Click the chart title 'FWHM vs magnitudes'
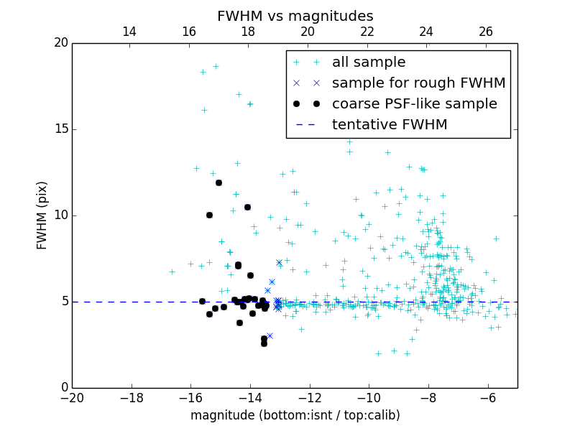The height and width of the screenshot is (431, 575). [x=295, y=16]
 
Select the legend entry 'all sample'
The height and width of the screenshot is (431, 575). [x=369, y=62]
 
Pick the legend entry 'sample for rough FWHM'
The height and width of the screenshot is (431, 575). [x=418, y=83]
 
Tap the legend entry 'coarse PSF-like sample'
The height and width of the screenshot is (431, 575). [x=414, y=104]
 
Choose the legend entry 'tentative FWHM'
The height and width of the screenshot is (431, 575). [x=390, y=125]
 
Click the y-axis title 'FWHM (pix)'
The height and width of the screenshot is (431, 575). [x=42, y=215]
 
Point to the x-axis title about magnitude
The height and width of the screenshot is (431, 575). [x=295, y=415]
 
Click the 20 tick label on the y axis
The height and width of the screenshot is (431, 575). [x=60, y=43]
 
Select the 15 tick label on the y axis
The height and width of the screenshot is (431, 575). [x=60, y=129]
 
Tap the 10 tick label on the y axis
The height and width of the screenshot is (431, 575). [x=60, y=215]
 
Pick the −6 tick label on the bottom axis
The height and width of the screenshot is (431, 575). [x=487, y=398]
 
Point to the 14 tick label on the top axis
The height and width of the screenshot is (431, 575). [x=129, y=32]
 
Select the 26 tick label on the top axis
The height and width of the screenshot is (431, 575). [x=486, y=32]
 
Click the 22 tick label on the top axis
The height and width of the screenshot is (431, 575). [x=367, y=32]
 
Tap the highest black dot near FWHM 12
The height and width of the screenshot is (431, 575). [x=218, y=182]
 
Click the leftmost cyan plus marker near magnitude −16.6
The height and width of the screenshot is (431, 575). [x=172, y=272]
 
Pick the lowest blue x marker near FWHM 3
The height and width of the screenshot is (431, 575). [x=270, y=335]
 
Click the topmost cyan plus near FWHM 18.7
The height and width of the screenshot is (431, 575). [x=215, y=66]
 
